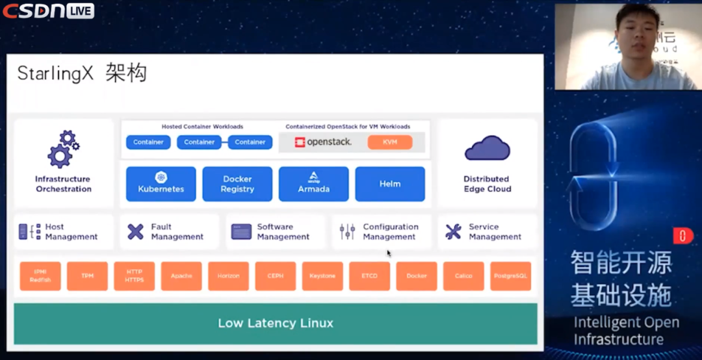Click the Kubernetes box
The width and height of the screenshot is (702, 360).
tap(161, 184)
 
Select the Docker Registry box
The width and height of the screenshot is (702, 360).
tap(237, 184)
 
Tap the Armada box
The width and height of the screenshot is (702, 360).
tap(313, 184)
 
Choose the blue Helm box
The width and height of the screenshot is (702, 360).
tap(390, 184)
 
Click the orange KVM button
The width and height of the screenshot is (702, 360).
tap(390, 142)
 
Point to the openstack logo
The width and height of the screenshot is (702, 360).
tap(323, 142)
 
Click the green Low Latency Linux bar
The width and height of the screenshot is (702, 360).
tap(276, 323)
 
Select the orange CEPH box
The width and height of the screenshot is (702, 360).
tap(276, 276)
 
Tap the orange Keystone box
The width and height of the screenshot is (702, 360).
tap(322, 276)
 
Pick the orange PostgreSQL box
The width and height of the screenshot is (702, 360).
tap(510, 276)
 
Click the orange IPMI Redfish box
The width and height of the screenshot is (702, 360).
tap(40, 276)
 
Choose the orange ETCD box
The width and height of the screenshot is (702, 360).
tap(369, 276)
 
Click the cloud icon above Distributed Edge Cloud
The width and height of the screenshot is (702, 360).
tap(487, 148)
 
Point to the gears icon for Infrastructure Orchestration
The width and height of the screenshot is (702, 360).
tap(64, 149)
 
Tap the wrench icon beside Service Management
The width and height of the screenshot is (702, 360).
tap(453, 231)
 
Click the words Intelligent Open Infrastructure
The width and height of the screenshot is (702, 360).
tap(626, 331)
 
